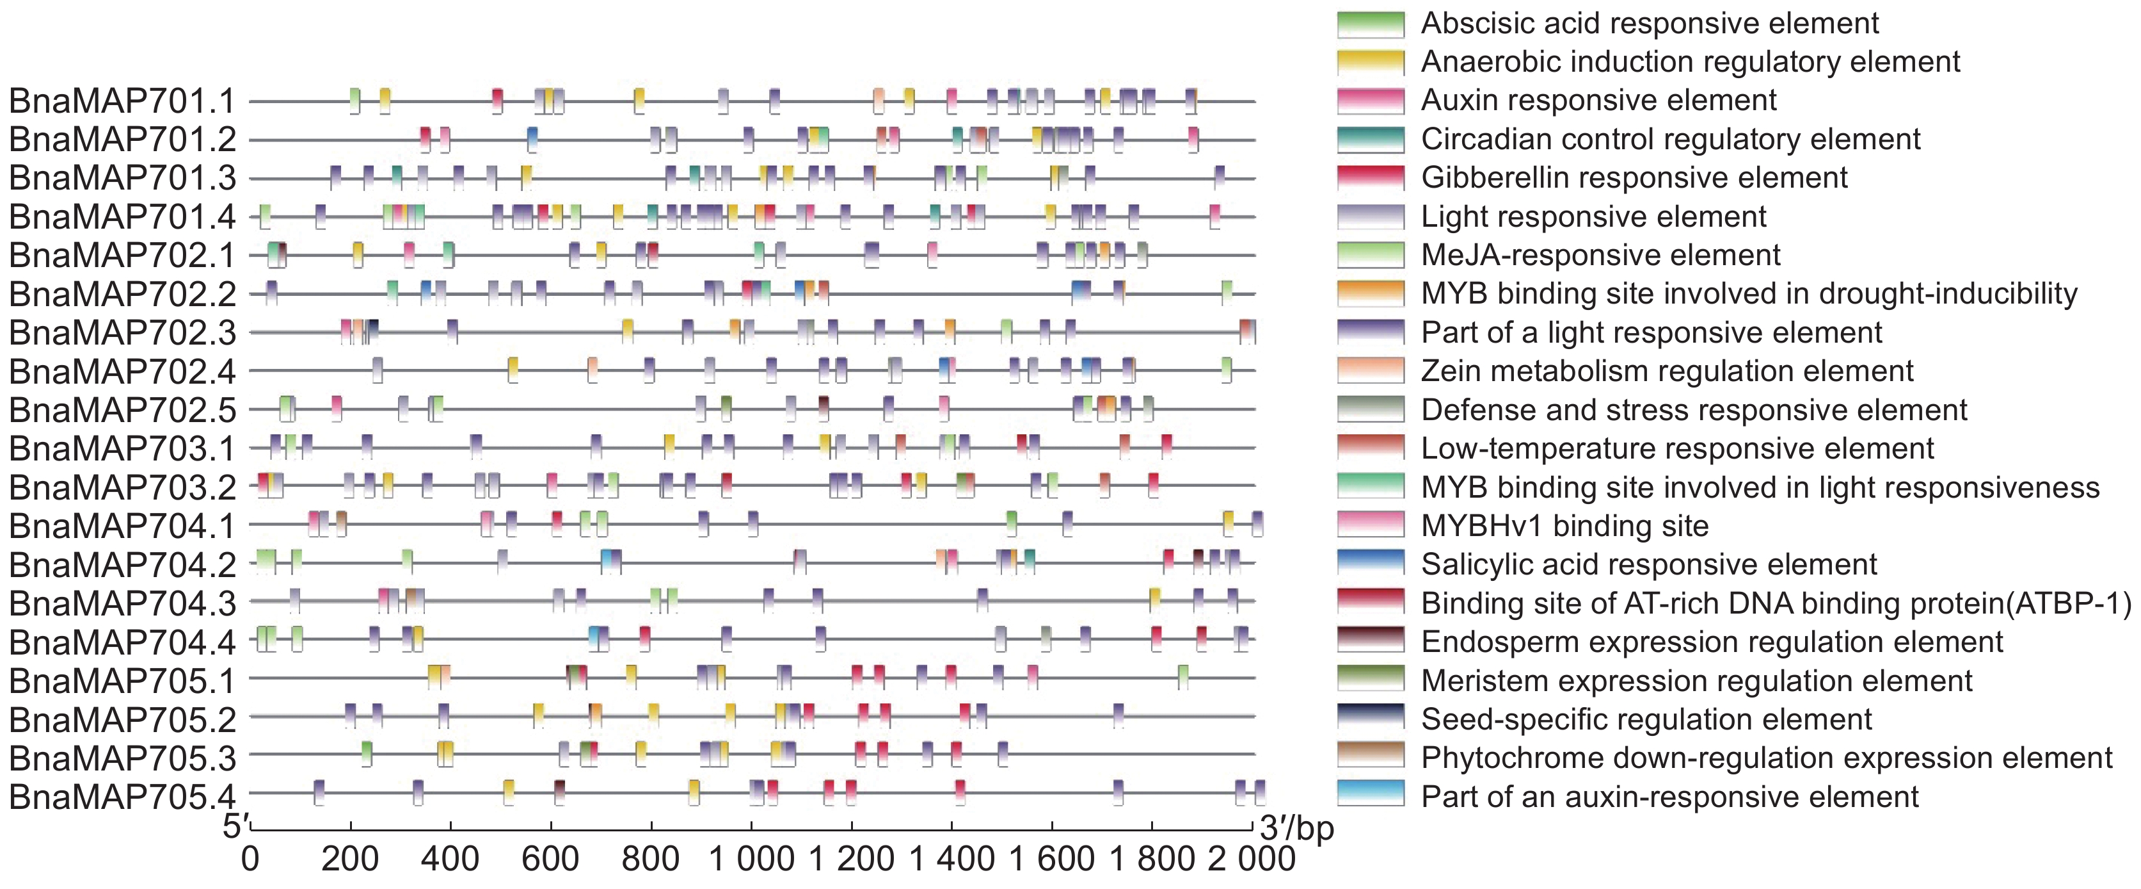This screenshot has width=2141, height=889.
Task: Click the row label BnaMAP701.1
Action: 122,101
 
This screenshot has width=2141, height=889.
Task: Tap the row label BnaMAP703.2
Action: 122,488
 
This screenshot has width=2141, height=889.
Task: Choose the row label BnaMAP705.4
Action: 122,797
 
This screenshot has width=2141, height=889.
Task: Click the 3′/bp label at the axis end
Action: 1296,828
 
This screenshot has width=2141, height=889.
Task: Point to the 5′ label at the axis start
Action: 235,827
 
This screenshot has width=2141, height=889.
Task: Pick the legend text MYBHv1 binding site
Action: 1565,526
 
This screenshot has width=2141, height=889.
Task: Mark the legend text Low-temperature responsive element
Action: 1677,449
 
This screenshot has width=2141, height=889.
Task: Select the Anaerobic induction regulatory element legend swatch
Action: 1371,62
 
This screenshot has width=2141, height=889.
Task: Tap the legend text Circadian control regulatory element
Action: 1671,140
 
